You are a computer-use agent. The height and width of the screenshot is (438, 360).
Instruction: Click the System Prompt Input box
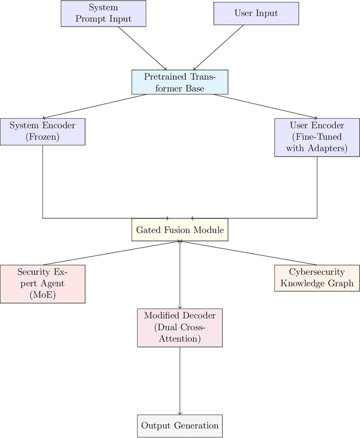[103, 14]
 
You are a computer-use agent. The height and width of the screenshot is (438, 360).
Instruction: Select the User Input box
[256, 14]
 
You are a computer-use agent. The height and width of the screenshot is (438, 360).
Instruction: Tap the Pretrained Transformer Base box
[180, 82]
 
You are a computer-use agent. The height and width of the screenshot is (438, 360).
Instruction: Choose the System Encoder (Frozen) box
[43, 132]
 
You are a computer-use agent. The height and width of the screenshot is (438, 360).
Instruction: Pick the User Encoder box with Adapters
[317, 137]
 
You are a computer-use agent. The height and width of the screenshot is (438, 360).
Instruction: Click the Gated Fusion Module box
[180, 230]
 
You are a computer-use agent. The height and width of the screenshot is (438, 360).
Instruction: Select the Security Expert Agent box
[43, 284]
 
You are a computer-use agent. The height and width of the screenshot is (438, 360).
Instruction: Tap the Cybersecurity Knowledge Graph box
[317, 278]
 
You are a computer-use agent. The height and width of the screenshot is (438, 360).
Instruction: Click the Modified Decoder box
[180, 327]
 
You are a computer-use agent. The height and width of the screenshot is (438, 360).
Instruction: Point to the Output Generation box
[180, 426]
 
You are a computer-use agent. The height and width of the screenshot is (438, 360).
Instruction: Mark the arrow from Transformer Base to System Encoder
[96, 106]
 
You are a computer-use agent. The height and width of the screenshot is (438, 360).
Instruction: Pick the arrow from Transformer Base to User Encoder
[262, 106]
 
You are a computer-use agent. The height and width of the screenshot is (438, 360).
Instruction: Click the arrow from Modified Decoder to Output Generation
[180, 381]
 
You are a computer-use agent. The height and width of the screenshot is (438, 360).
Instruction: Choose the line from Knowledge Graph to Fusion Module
[247, 253]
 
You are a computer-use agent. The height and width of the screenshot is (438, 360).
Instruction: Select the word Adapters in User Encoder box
[327, 149]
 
